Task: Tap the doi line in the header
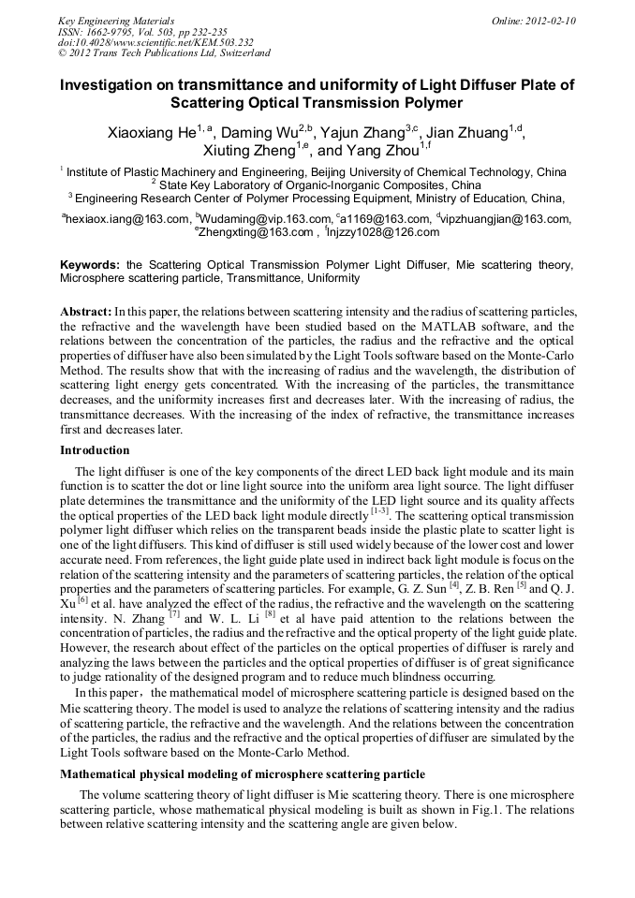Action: click(155, 42)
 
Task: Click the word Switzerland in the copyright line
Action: click(239, 53)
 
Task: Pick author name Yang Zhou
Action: click(379, 151)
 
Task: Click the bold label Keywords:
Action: click(90, 266)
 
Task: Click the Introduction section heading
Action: click(95, 450)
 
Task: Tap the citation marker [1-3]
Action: click(379, 512)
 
